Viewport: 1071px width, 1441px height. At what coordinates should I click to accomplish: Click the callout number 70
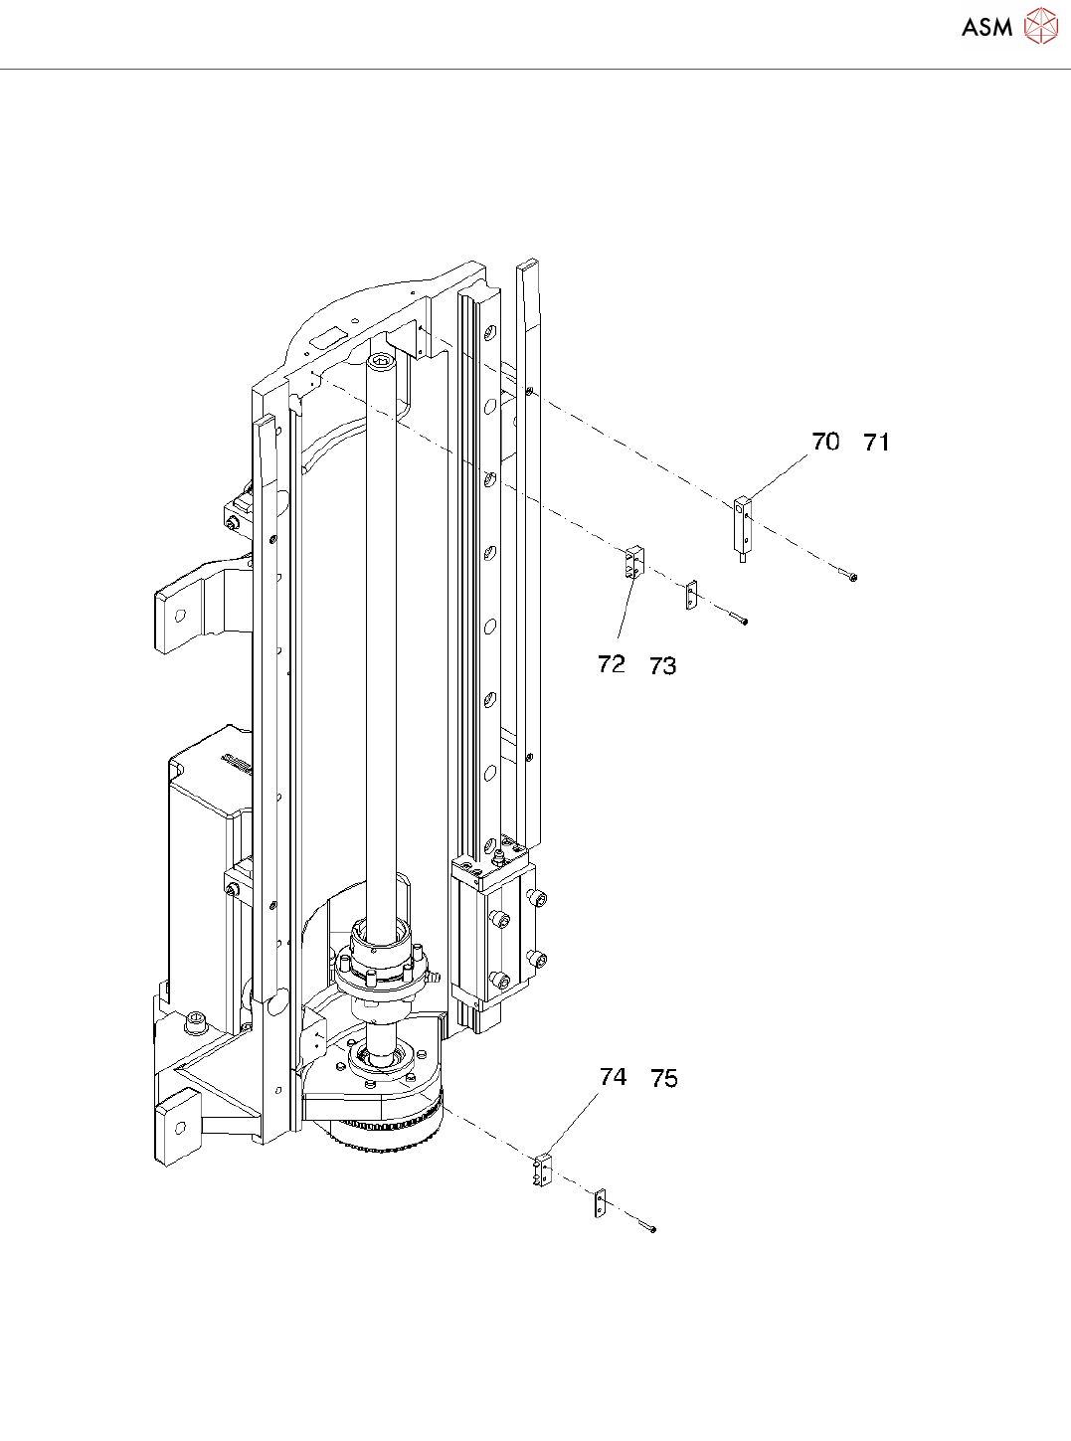pos(825,442)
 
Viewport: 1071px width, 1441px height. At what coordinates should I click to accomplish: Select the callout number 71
pos(876,443)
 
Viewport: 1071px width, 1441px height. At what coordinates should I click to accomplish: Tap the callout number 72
pos(612,663)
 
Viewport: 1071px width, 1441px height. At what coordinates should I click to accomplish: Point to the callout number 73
pos(663,666)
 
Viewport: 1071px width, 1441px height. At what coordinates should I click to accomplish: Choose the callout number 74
pos(614,1077)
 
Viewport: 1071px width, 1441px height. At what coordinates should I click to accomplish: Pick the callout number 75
pos(664,1079)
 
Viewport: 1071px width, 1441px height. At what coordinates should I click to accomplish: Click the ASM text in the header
pos(986,28)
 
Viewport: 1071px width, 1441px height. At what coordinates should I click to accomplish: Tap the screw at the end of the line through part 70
pos(852,576)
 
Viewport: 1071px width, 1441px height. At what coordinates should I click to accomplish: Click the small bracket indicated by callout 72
pos(634,562)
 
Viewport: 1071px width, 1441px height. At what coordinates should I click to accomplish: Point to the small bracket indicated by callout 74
pos(543,1171)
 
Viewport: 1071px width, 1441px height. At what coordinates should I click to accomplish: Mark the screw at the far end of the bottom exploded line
pos(651,1230)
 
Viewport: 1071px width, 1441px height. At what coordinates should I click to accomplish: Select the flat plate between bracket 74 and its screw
pos(600,1203)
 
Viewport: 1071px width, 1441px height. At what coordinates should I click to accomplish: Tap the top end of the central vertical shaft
pos(382,362)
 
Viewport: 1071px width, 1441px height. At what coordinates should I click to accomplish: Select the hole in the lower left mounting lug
pos(180,1128)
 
